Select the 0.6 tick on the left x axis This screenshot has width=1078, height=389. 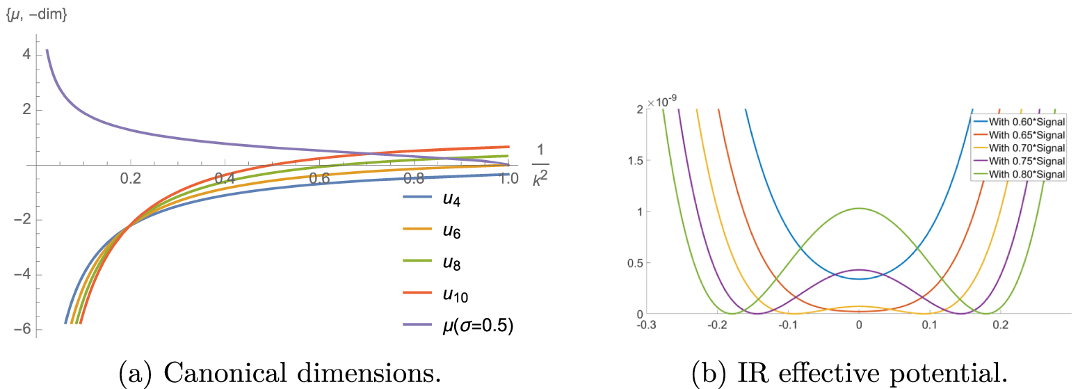point(319,179)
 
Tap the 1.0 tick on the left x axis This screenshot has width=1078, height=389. point(508,179)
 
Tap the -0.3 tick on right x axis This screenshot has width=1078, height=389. point(647,325)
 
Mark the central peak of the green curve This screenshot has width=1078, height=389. point(859,208)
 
